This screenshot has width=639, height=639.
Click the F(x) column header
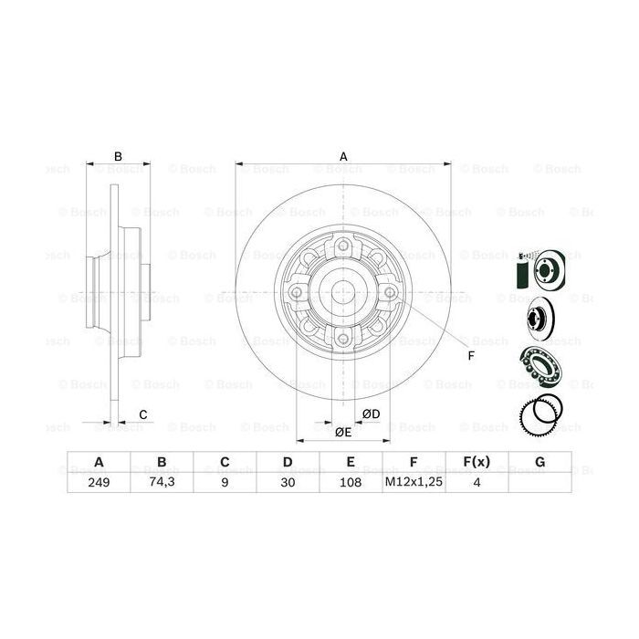click(x=477, y=463)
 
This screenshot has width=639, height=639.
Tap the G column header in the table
click(x=539, y=463)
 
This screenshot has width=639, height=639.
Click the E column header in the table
click(x=351, y=463)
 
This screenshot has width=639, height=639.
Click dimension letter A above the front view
click(x=344, y=156)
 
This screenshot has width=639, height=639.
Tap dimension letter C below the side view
click(x=142, y=415)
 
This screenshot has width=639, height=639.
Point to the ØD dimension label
click(x=371, y=414)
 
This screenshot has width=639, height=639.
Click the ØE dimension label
click(x=342, y=431)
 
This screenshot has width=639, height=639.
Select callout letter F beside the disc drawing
click(x=471, y=355)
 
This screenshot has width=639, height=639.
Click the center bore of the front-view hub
click(x=343, y=293)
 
